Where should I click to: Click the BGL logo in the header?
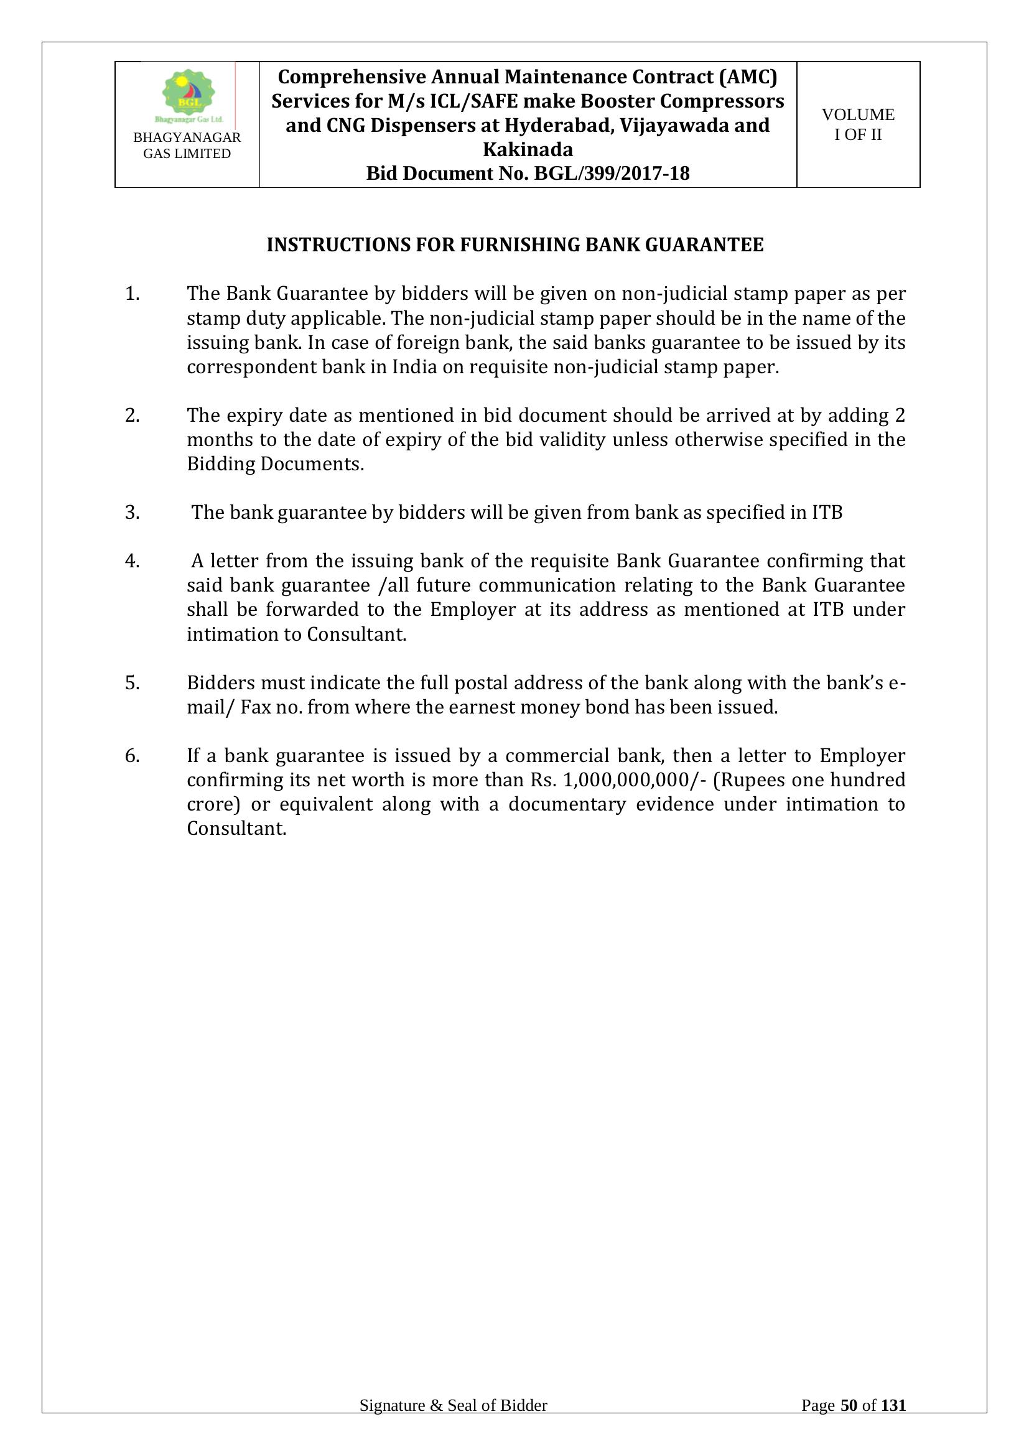point(188,95)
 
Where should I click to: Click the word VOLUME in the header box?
point(858,114)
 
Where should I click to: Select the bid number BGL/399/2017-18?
point(612,173)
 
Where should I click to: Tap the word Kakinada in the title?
point(528,149)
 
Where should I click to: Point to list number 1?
point(132,294)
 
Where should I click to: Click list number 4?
point(132,562)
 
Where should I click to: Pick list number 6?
point(132,756)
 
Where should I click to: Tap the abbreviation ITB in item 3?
point(827,513)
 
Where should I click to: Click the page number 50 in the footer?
point(849,1406)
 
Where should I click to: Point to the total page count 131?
point(893,1406)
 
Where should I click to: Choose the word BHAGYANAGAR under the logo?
point(187,137)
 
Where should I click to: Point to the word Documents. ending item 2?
point(312,465)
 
